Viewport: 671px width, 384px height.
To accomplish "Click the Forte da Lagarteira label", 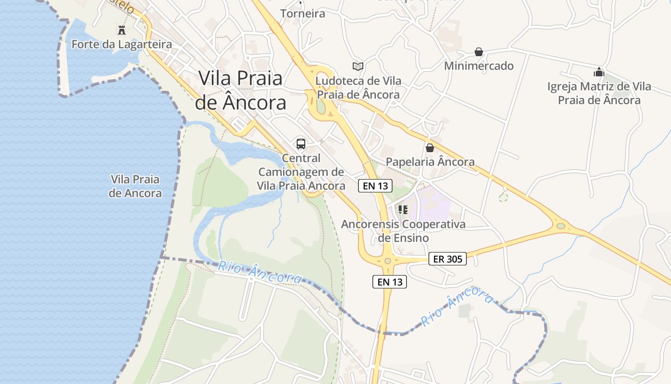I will (x=122, y=45).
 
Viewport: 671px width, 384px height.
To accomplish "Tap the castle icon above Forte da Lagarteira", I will (x=122, y=30).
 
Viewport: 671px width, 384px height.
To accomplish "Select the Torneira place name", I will (x=302, y=13).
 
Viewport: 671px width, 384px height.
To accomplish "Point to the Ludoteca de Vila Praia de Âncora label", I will (x=359, y=88).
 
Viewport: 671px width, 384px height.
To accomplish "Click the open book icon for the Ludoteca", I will (x=358, y=66).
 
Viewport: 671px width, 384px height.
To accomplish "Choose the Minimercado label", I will (x=479, y=66).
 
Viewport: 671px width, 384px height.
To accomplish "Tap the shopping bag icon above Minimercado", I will (x=478, y=52).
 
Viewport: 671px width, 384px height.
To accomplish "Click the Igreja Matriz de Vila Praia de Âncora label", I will (x=599, y=93).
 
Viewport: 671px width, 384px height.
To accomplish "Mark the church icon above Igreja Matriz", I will (x=599, y=72).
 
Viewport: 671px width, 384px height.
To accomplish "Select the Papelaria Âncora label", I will (x=430, y=162).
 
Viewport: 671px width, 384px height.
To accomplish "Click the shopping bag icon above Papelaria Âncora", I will (x=430, y=147).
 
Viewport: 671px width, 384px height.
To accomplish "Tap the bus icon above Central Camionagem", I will (x=301, y=144).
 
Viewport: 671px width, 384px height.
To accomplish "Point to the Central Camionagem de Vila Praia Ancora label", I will (x=301, y=172).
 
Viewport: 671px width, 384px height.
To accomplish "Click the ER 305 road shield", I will (x=447, y=259).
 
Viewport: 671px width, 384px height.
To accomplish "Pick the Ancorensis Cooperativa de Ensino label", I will (x=403, y=231).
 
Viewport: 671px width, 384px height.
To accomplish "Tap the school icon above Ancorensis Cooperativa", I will (x=403, y=209).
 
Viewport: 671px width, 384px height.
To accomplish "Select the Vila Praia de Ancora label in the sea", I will (x=135, y=186).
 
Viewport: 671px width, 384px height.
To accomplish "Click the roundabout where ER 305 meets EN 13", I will (x=387, y=261).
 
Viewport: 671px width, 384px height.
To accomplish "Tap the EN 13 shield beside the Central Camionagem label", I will (x=375, y=186).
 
